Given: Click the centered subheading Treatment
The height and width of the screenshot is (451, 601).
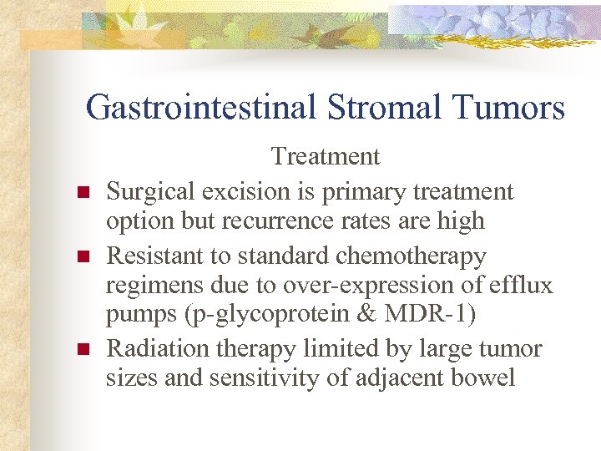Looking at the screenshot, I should point(326,156).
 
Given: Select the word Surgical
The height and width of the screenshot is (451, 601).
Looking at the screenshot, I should point(149,191).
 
